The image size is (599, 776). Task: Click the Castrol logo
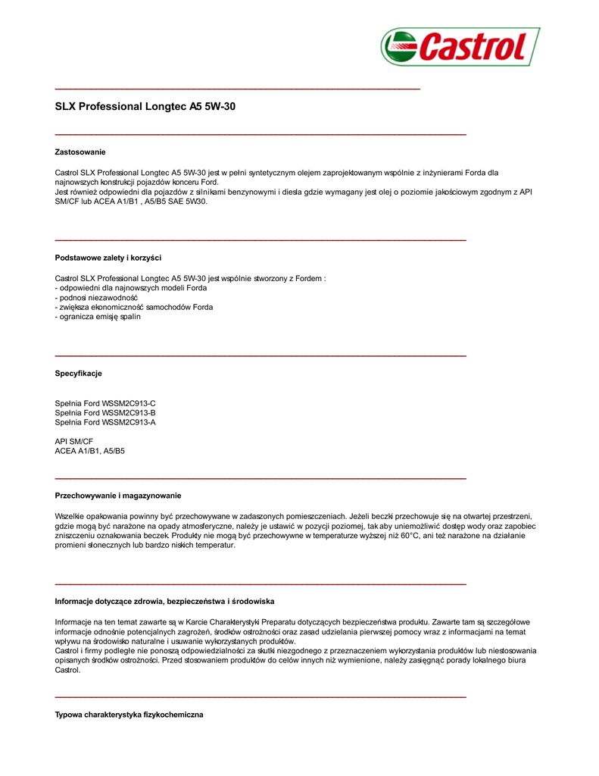click(460, 47)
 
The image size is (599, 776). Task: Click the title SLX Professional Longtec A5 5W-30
click(145, 107)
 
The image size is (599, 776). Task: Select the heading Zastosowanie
click(80, 152)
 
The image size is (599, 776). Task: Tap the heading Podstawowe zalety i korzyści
click(108, 258)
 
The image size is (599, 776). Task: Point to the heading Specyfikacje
click(78, 374)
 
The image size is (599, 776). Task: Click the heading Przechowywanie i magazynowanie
click(118, 496)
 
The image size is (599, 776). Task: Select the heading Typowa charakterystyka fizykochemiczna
click(129, 715)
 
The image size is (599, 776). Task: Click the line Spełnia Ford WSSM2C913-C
click(105, 403)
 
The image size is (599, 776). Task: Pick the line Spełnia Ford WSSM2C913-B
click(105, 413)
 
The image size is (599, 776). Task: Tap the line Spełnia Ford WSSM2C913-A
click(105, 422)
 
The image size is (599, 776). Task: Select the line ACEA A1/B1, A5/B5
click(90, 451)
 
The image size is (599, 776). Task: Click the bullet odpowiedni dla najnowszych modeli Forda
click(131, 288)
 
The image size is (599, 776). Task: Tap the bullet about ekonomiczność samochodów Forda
click(134, 308)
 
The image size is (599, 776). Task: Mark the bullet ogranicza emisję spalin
click(98, 317)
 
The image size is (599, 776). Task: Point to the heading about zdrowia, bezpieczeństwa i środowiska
click(164, 602)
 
